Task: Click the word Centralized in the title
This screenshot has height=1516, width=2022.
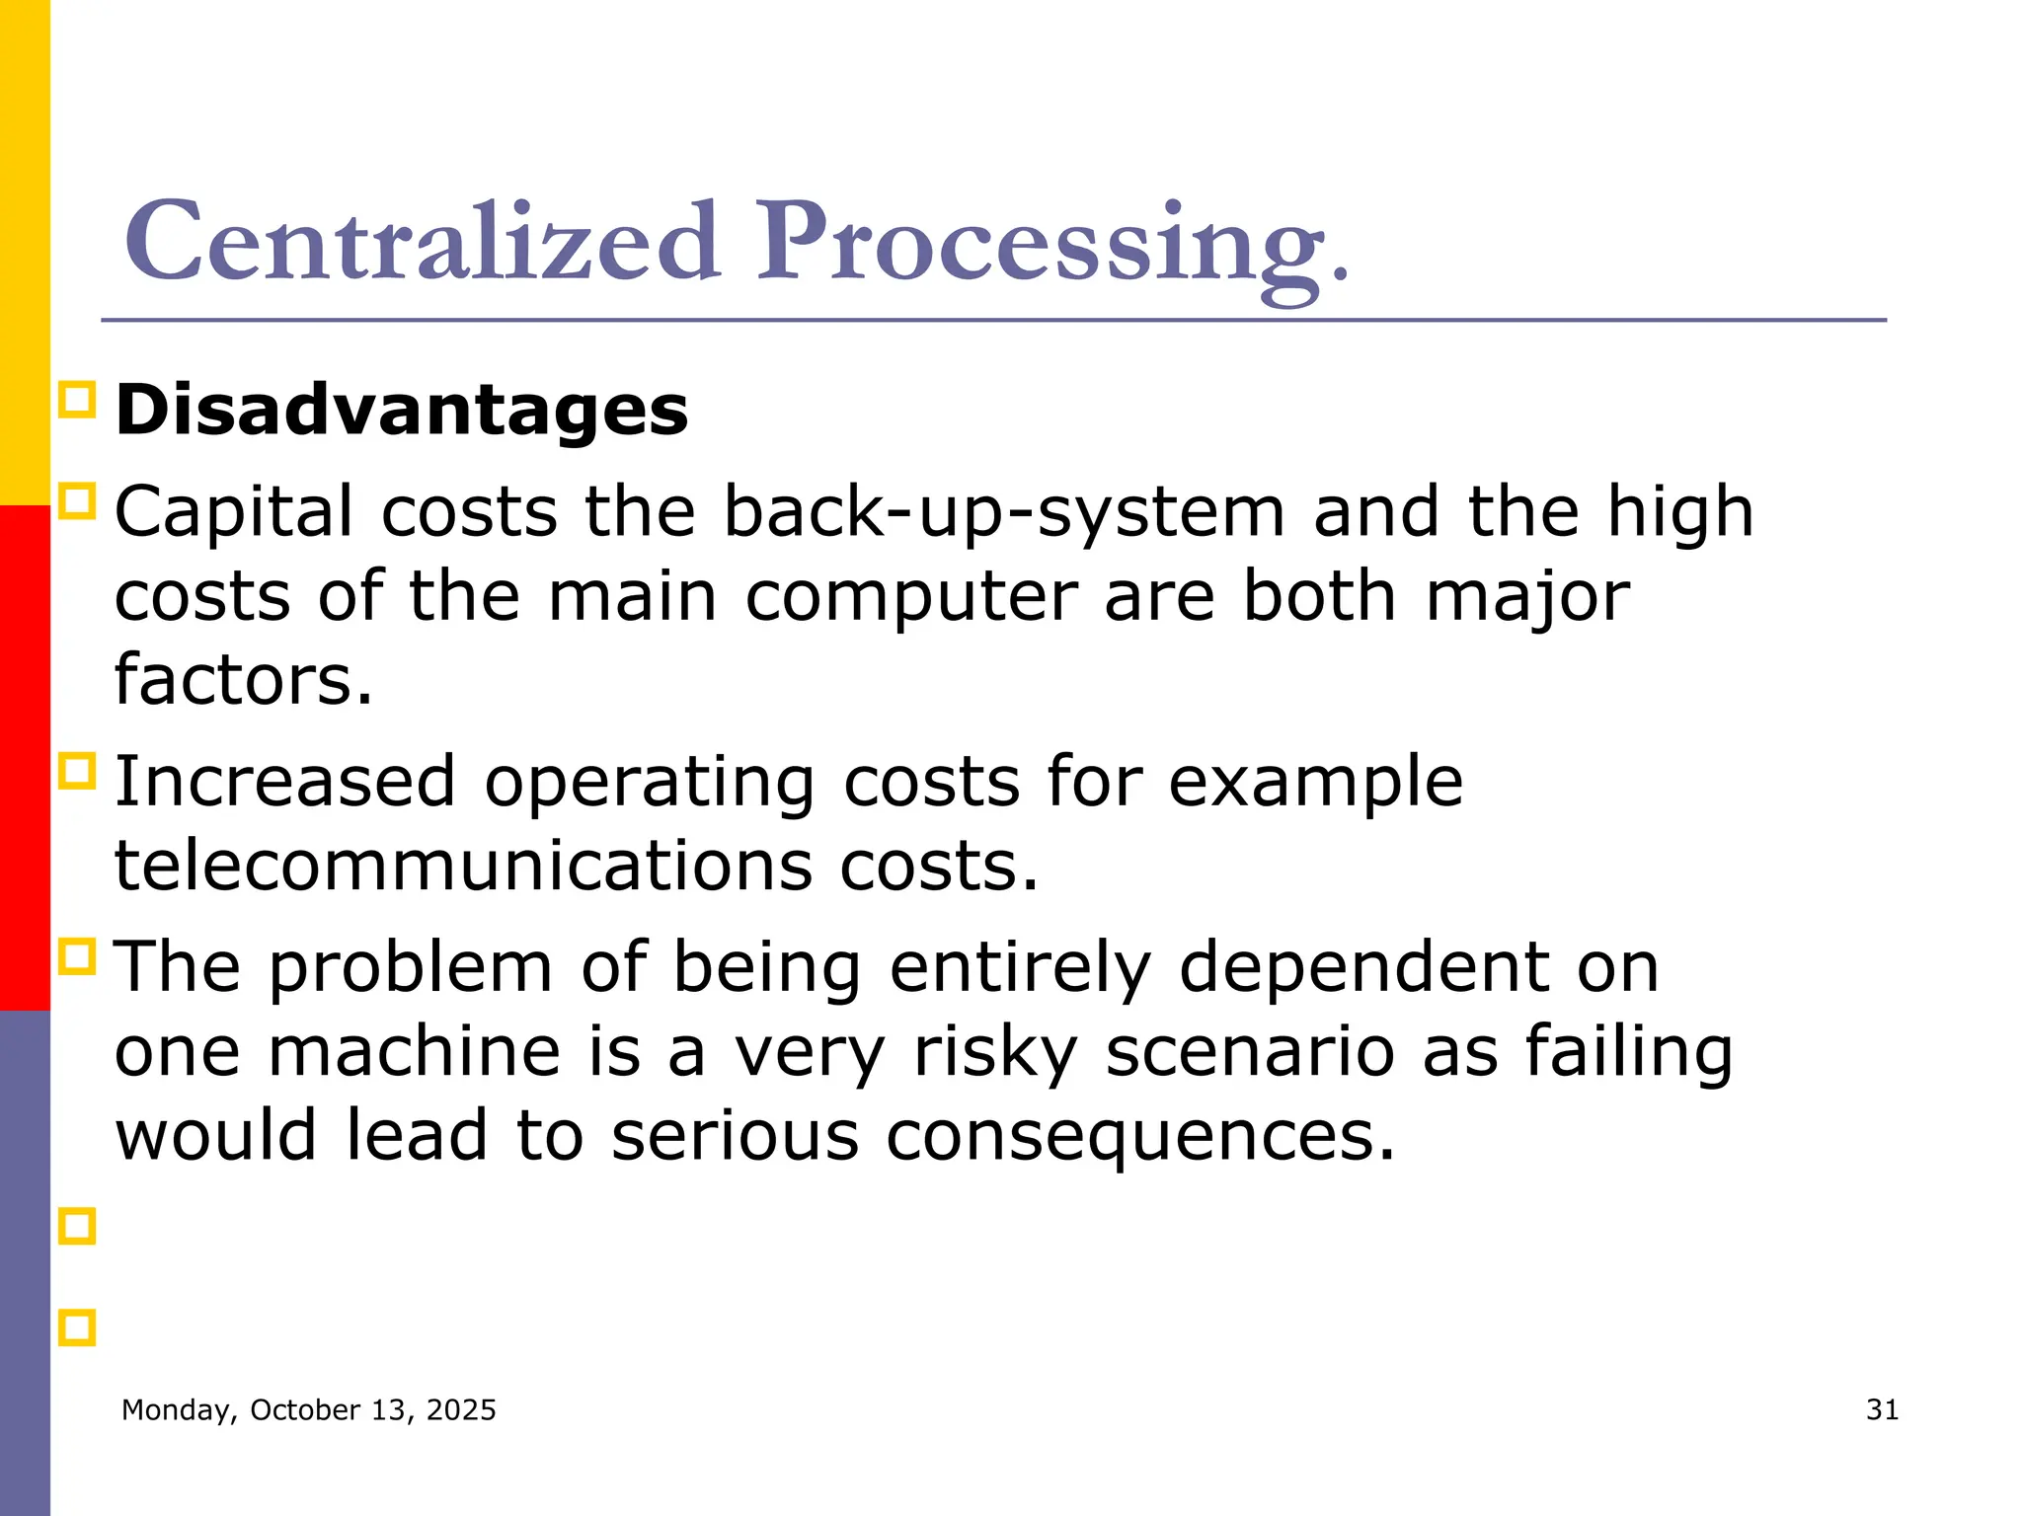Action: click(x=423, y=242)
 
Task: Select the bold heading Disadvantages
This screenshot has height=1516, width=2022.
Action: click(x=402, y=410)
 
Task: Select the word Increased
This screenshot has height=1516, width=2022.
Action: click(x=285, y=782)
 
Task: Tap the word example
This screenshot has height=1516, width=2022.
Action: click(x=1315, y=782)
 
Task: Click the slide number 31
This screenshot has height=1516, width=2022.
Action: click(x=1882, y=1409)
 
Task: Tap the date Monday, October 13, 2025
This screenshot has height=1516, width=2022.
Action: click(x=308, y=1409)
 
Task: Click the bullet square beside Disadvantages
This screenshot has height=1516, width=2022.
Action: click(x=77, y=401)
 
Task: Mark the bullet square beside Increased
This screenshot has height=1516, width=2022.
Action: click(x=77, y=771)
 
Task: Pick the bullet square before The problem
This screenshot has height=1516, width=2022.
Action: click(x=77, y=956)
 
